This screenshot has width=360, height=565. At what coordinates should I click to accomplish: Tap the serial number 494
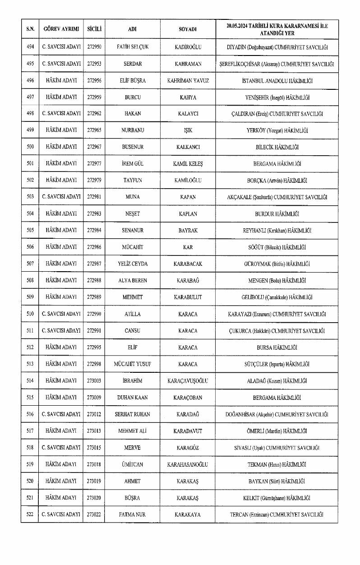coord(30,47)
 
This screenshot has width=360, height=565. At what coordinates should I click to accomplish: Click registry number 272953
coord(94,64)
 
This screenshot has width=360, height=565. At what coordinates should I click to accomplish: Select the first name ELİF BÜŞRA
coord(133,80)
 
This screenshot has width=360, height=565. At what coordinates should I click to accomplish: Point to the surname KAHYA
coord(188,97)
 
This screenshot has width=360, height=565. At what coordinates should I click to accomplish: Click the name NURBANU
coord(133,130)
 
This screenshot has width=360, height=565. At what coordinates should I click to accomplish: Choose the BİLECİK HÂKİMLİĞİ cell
coord(277,147)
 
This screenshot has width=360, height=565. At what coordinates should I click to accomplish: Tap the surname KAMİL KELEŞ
coord(188,164)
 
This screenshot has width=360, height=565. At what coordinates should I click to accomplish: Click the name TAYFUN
coord(133,181)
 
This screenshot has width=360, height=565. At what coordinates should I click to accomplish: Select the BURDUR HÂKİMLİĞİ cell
coord(277,214)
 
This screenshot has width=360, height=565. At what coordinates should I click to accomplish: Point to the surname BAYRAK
coord(188,231)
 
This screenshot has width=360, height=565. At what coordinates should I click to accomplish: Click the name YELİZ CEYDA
coord(133,264)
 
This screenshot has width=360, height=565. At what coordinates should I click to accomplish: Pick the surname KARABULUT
coord(188,297)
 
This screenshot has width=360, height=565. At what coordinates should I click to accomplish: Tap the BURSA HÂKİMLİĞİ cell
coord(277,347)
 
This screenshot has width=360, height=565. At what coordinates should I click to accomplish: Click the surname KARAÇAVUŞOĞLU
coord(188,381)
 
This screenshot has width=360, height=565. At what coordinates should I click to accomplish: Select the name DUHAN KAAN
coord(133,398)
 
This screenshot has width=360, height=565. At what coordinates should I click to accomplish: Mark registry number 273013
coord(94,431)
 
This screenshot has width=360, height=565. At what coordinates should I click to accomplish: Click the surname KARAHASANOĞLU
coord(188,464)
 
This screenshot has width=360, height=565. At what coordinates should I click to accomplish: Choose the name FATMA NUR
coord(133,514)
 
